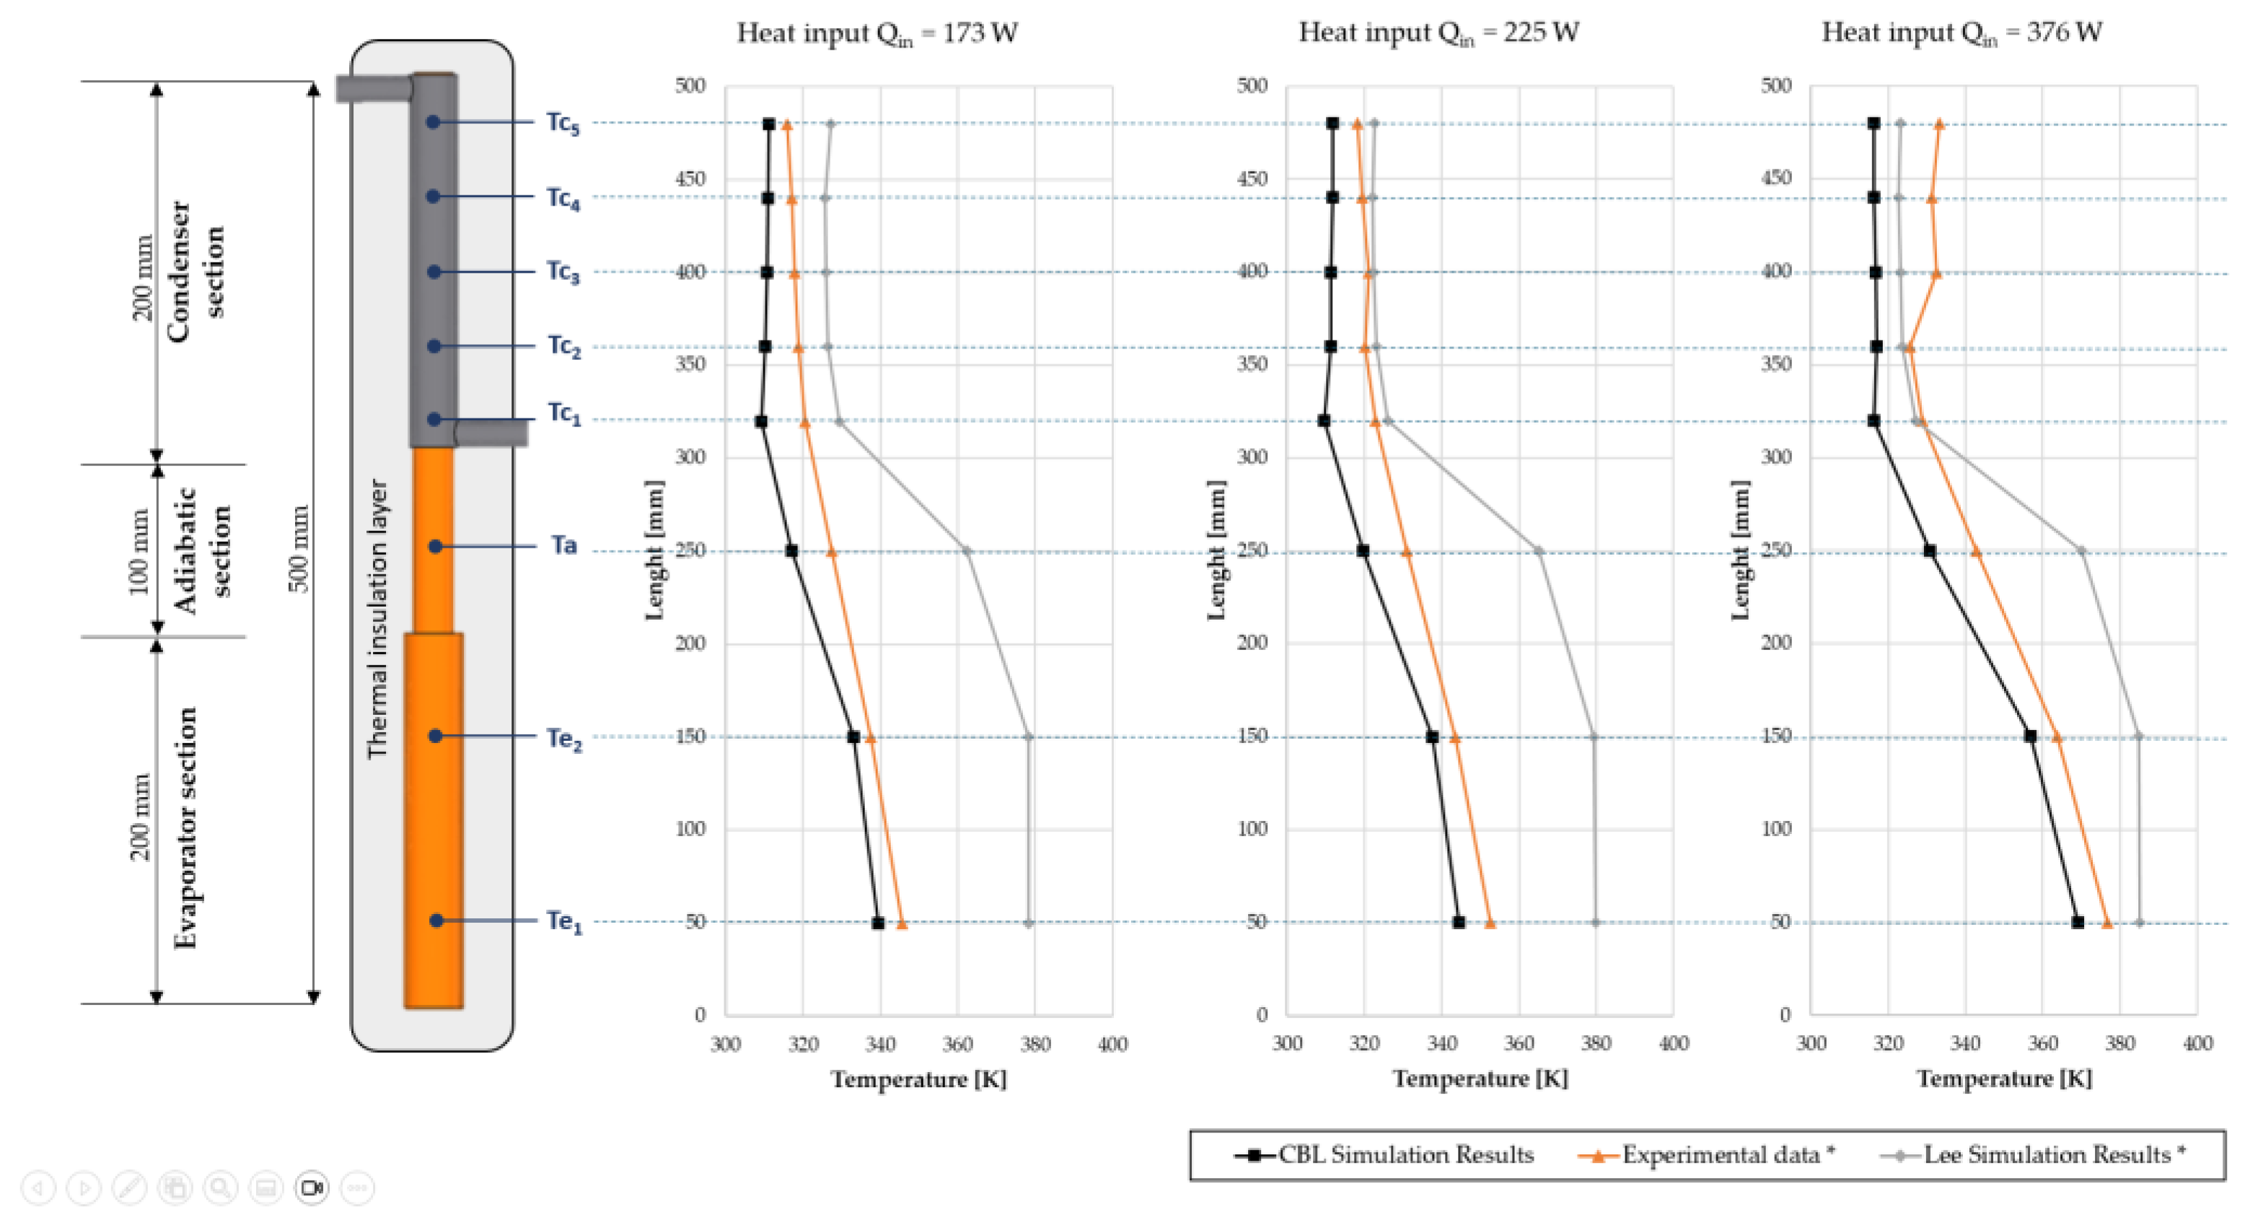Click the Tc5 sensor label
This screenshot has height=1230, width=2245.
(562, 122)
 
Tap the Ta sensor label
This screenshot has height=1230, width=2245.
(564, 545)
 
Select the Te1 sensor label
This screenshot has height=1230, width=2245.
(564, 921)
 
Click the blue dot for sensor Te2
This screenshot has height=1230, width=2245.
(436, 736)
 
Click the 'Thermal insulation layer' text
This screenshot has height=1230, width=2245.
(377, 618)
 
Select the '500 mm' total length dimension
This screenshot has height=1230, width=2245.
(299, 548)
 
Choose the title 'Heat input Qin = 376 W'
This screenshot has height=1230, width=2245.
(1961, 33)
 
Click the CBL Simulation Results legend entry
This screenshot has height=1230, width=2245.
(1385, 1155)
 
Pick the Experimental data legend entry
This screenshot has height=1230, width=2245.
(1708, 1155)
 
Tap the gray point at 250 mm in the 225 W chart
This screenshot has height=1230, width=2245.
(1539, 551)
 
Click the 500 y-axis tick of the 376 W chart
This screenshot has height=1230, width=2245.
(1775, 85)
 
